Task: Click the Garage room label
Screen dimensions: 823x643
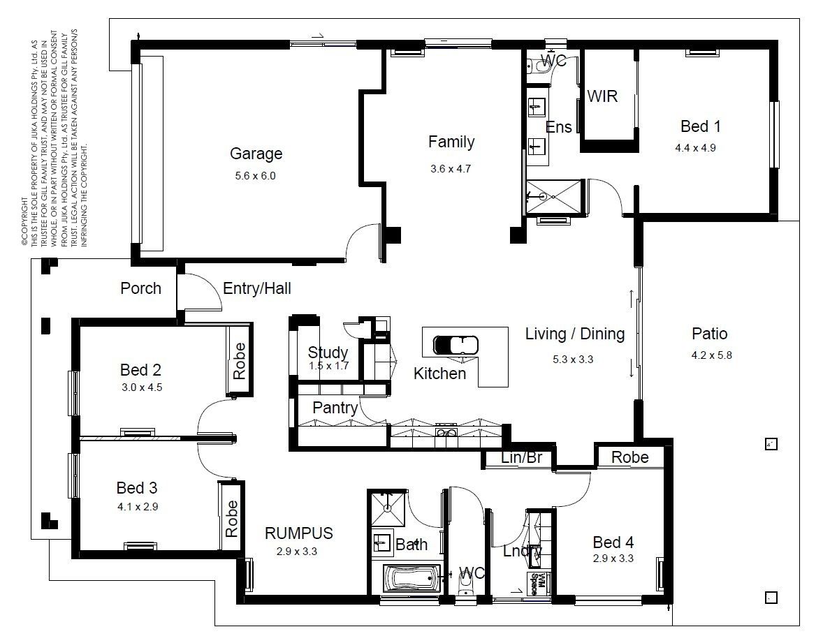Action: tap(256, 154)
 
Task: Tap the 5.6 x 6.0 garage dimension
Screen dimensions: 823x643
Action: tap(255, 176)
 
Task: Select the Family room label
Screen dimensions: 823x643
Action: tap(451, 142)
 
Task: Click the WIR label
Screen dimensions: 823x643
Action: tap(602, 96)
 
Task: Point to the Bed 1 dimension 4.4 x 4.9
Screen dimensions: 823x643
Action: tap(695, 148)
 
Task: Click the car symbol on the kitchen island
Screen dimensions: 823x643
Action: tap(456, 345)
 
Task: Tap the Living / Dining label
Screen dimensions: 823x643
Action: tap(575, 334)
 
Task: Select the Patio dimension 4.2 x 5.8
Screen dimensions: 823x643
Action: tap(712, 355)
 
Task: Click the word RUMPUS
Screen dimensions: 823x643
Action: tap(298, 533)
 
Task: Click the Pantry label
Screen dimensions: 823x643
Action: tap(335, 408)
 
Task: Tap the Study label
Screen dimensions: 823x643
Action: tap(328, 352)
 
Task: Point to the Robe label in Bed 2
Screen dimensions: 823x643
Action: tap(240, 361)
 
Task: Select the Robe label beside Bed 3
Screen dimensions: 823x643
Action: tap(231, 519)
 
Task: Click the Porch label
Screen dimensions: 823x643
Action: tap(140, 288)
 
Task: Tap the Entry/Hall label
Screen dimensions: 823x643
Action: tap(256, 288)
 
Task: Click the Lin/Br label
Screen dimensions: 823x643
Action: tap(521, 457)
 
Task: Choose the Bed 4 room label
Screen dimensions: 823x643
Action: tap(613, 542)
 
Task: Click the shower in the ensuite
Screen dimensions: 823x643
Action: tap(554, 197)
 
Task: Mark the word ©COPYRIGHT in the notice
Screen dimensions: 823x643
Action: tap(24, 222)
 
